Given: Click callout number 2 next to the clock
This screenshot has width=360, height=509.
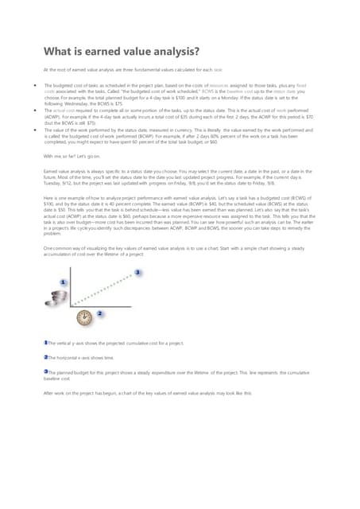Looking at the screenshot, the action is (x=99, y=314).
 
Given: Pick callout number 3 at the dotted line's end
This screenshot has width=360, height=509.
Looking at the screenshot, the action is (x=138, y=273).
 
